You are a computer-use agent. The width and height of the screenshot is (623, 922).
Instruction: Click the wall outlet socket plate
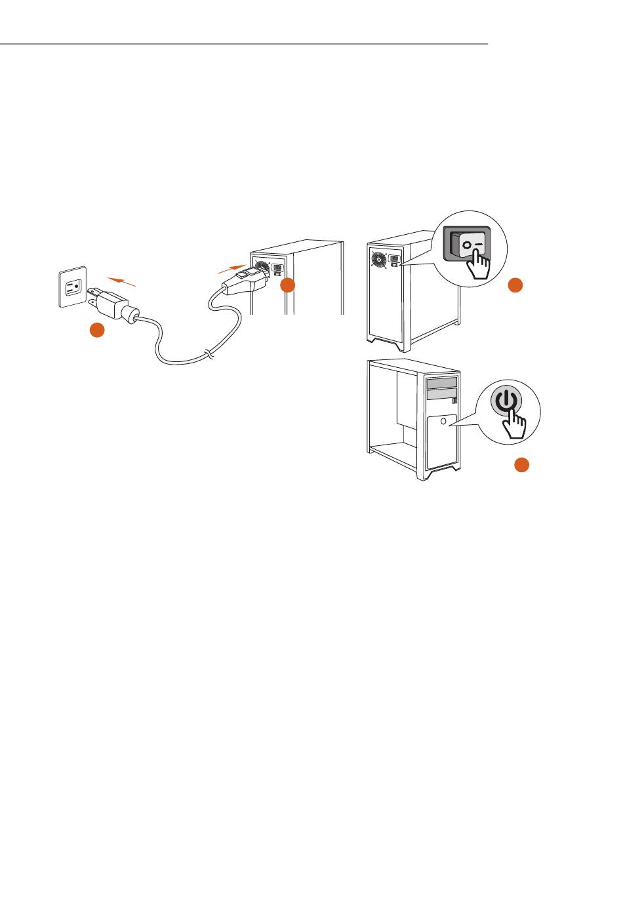tap(73, 287)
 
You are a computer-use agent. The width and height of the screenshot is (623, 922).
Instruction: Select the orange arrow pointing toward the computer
tap(233, 268)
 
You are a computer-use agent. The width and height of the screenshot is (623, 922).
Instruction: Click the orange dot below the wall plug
tap(96, 331)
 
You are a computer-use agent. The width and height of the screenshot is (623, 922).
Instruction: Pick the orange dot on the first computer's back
tap(286, 285)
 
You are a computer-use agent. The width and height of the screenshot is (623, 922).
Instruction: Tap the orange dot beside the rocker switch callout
tap(515, 285)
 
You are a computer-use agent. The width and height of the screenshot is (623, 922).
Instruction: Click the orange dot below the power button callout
tap(521, 465)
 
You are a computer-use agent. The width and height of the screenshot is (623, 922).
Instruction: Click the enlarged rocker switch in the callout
tap(467, 246)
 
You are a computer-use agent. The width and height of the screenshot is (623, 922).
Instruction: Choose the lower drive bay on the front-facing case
tap(442, 393)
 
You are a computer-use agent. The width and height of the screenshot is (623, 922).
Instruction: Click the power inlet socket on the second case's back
tap(394, 258)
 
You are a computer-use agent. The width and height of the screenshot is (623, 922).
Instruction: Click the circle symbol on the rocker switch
tap(466, 249)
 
